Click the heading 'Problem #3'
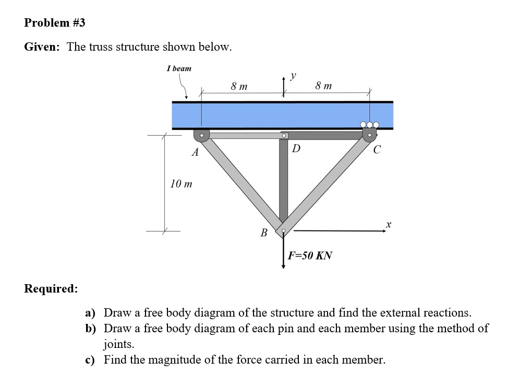click(54, 22)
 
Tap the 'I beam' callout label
click(179, 68)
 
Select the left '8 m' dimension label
click(239, 86)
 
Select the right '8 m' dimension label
click(323, 86)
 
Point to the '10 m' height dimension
click(181, 184)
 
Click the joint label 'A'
click(195, 153)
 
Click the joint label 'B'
click(264, 232)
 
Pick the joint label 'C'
click(377, 150)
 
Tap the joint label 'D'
click(296, 148)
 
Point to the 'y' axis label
click(293, 76)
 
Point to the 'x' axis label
click(388, 224)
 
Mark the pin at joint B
click(283, 230)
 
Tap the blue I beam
click(282, 115)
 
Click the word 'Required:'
click(51, 289)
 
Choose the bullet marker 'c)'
click(90, 360)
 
